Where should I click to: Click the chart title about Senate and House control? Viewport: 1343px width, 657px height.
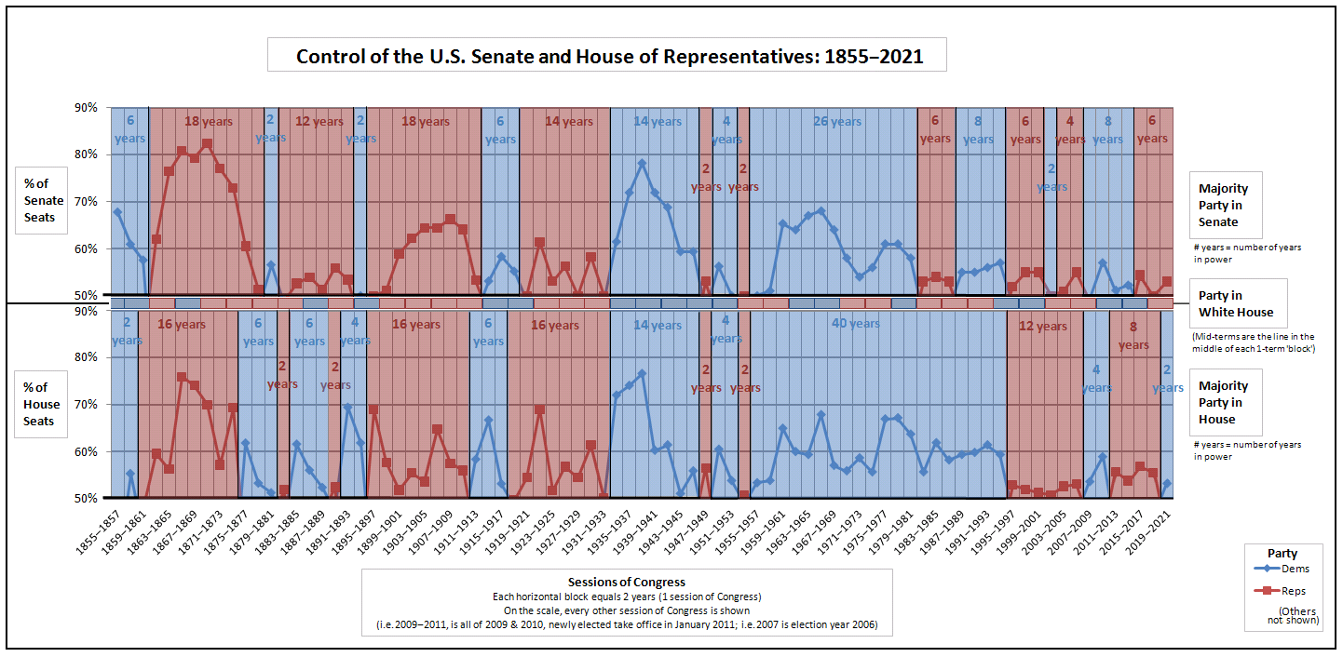(x=609, y=56)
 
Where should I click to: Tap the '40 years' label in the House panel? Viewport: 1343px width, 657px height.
(x=854, y=324)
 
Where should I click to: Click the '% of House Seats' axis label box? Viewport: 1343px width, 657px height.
(x=43, y=405)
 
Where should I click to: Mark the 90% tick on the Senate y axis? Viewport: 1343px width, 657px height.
(x=87, y=108)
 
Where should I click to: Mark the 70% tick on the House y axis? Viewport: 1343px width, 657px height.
(x=87, y=405)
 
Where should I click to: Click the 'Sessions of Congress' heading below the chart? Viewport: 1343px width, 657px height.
(x=627, y=582)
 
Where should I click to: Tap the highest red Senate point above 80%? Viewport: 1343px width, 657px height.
(x=207, y=144)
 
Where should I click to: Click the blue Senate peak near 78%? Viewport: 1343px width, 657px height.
(x=642, y=163)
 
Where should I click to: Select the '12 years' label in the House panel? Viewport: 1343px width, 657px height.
(x=1044, y=327)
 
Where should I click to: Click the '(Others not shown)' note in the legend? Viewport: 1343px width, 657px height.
(x=1298, y=614)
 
